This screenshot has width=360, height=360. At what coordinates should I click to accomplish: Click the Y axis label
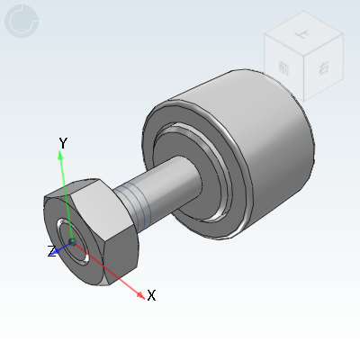pos(63,143)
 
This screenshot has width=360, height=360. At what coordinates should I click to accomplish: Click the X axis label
pos(151,295)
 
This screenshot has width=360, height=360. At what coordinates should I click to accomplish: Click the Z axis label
pos(52,251)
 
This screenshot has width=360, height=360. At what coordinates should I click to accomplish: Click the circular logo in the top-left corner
pos(22,22)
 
